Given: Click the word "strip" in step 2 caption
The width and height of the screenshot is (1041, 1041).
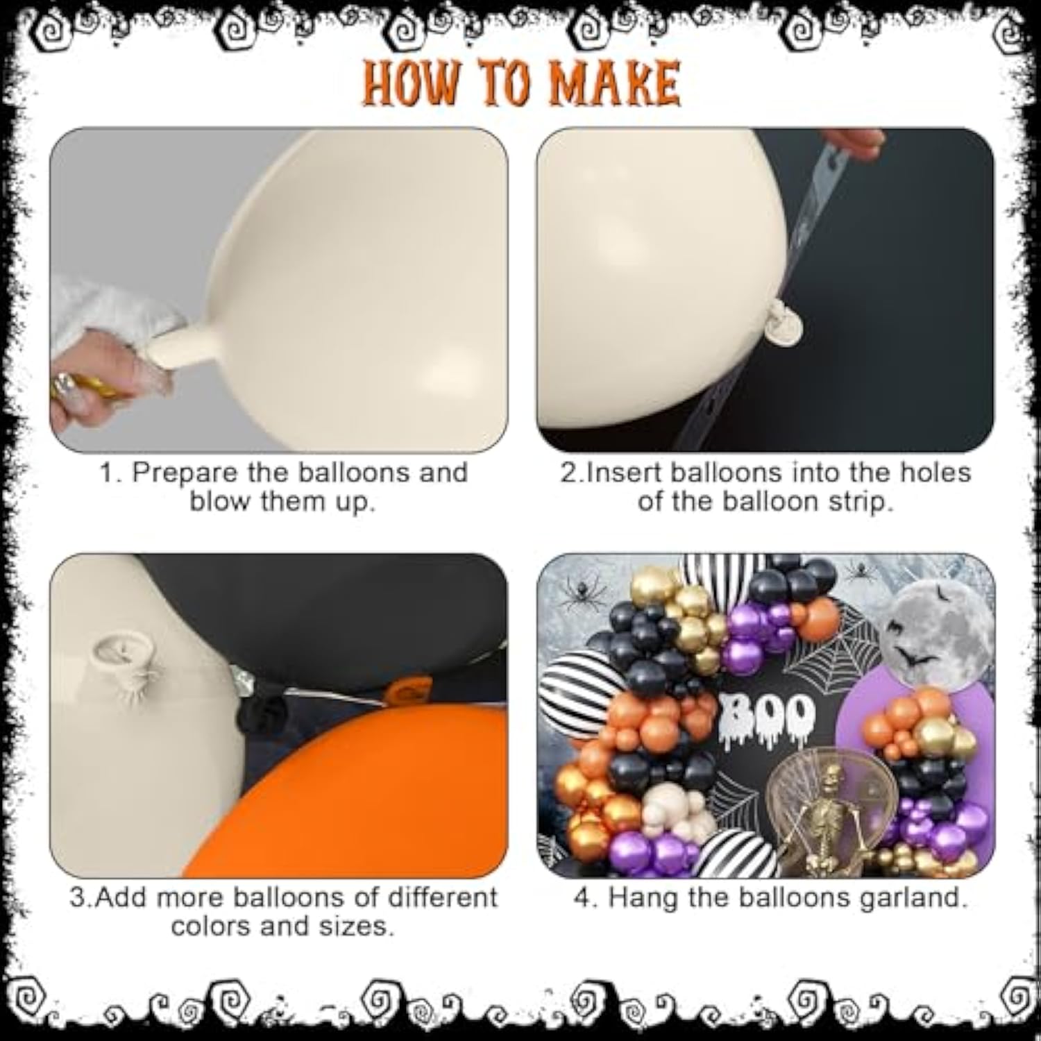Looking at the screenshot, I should pyautogui.click(x=854, y=502).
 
